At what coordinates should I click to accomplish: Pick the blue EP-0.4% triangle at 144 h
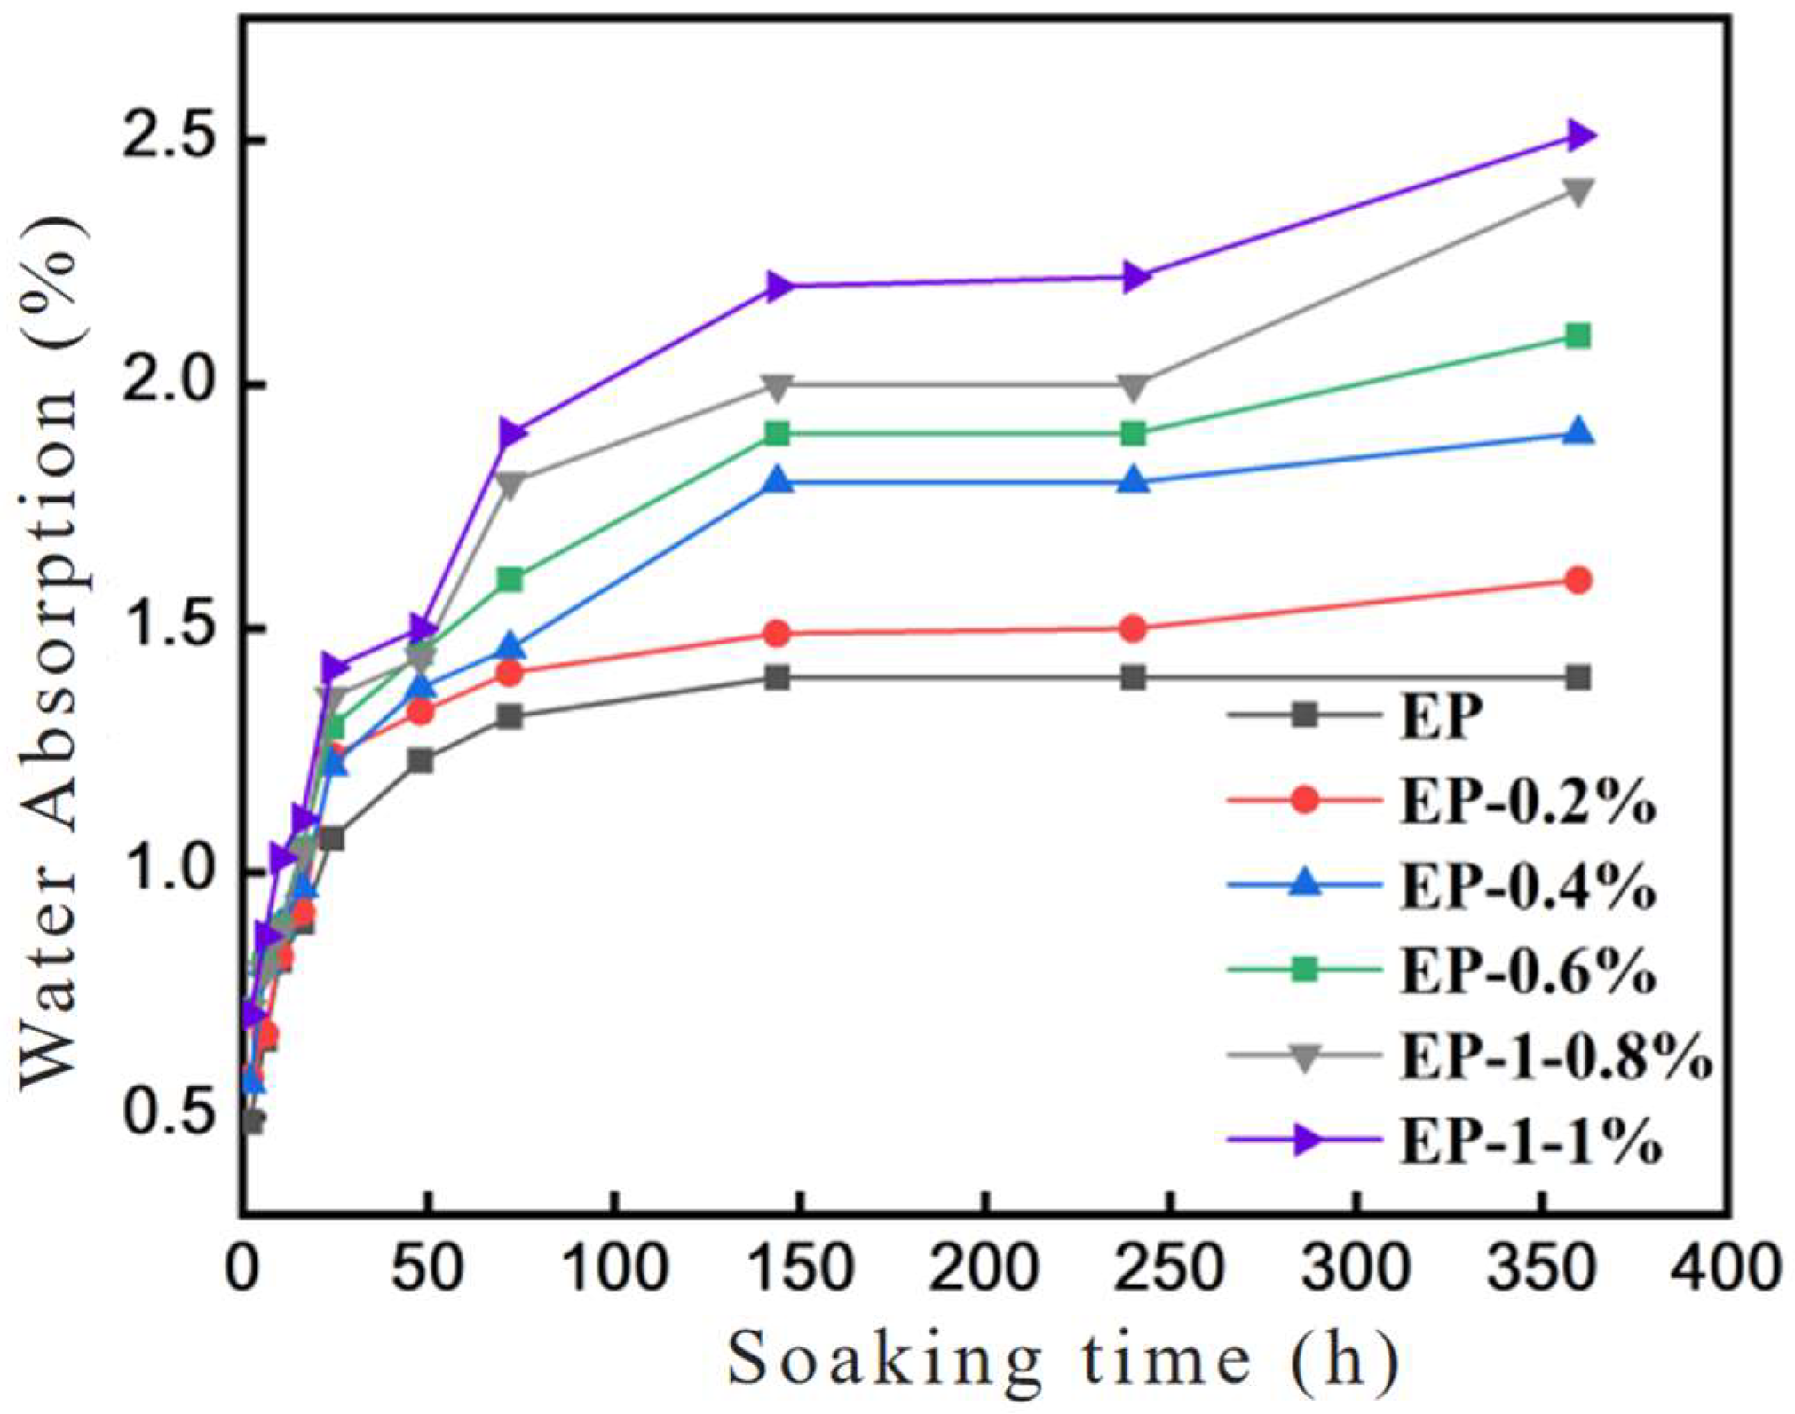779,480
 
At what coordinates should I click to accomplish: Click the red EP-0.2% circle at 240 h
1133,628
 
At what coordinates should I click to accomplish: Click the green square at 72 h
510,580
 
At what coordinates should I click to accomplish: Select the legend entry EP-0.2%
1527,801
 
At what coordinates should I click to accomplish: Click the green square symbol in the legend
1304,970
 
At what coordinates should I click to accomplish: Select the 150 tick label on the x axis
799,1270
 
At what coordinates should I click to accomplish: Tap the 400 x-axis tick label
1726,1270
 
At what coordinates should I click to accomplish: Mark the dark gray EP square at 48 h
421,761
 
